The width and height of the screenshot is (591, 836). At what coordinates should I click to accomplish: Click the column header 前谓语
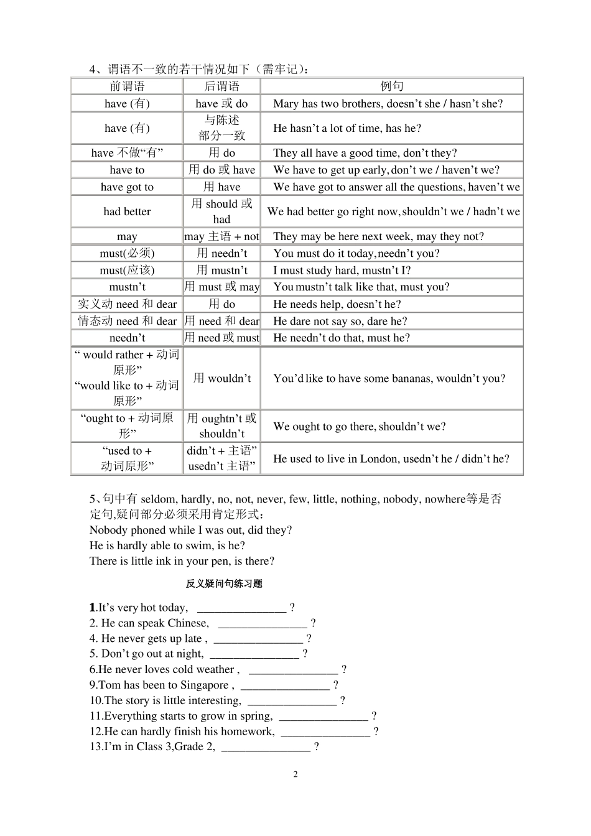127,86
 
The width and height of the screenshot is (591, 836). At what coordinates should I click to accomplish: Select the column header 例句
392,86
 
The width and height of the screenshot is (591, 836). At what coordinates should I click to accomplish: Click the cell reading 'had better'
127,211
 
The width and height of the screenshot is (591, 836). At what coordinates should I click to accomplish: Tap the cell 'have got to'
127,187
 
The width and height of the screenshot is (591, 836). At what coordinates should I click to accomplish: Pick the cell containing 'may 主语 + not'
221,236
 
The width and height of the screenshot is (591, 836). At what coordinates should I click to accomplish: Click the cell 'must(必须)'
127,253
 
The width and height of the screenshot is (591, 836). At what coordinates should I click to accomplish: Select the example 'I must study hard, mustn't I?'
342,270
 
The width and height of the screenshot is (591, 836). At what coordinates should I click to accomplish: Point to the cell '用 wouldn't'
221,378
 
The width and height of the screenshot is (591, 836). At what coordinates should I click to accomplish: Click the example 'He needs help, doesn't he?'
337,304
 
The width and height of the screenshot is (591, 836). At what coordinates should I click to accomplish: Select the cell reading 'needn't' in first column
127,338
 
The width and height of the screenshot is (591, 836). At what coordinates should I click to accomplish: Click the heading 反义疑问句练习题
224,583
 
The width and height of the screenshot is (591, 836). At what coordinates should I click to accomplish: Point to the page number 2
295,774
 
